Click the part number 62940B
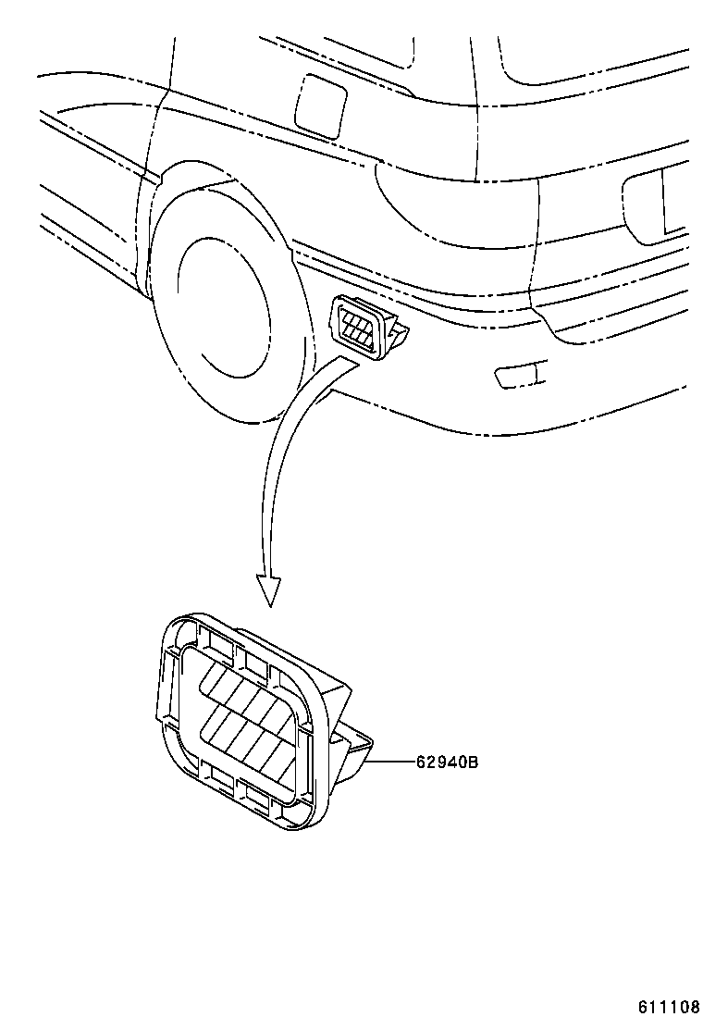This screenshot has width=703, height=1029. click(446, 762)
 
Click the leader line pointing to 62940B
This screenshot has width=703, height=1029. click(393, 762)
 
